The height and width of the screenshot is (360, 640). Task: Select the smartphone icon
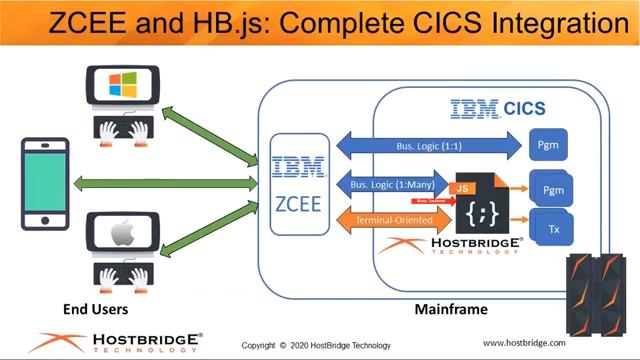[45, 183]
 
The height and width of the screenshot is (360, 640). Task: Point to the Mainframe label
[450, 309]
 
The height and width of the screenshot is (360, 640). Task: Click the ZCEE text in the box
[298, 204]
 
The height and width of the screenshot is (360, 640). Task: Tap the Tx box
[553, 229]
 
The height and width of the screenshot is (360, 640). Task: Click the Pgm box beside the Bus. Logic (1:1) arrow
[548, 146]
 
